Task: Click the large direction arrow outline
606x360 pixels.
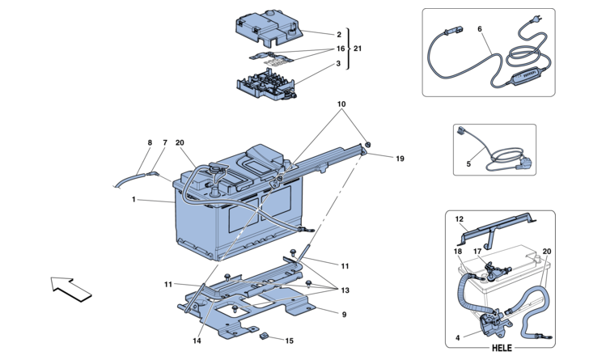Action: (71, 290)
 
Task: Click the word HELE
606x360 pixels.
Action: (502, 348)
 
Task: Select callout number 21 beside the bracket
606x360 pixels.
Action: (358, 49)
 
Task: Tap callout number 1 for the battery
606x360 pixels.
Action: (133, 200)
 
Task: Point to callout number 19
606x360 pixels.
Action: (400, 159)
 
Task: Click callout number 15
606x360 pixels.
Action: (290, 341)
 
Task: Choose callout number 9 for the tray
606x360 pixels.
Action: (344, 315)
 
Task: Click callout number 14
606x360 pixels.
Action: (197, 341)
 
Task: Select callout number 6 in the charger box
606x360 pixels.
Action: (480, 29)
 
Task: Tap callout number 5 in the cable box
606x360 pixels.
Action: (468, 164)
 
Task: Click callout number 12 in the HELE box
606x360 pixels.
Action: (459, 219)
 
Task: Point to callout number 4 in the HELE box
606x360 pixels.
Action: (458, 338)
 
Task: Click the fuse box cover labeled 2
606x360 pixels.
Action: (268, 27)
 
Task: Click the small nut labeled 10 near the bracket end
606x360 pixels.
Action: (367, 145)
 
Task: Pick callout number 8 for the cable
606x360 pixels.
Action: (150, 143)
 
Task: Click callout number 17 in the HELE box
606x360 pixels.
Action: (477, 252)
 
